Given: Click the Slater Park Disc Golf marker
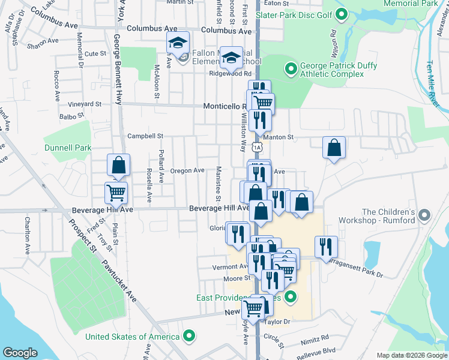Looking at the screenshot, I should coord(342,14).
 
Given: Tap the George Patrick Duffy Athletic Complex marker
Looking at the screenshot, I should coord(291,69).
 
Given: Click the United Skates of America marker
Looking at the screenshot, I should coord(190,336).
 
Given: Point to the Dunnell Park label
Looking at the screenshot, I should coord(67,148).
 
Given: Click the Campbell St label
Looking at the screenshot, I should coord(145,136).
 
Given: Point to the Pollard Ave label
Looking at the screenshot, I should coord(161,166).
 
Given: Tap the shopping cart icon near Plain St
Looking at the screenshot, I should coord(116,193).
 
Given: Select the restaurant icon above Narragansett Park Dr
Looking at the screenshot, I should coord(326,246).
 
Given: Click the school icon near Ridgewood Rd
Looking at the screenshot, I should coord(231,58).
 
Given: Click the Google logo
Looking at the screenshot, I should coord(20,353).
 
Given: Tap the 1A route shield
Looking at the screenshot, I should coord(257,147).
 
